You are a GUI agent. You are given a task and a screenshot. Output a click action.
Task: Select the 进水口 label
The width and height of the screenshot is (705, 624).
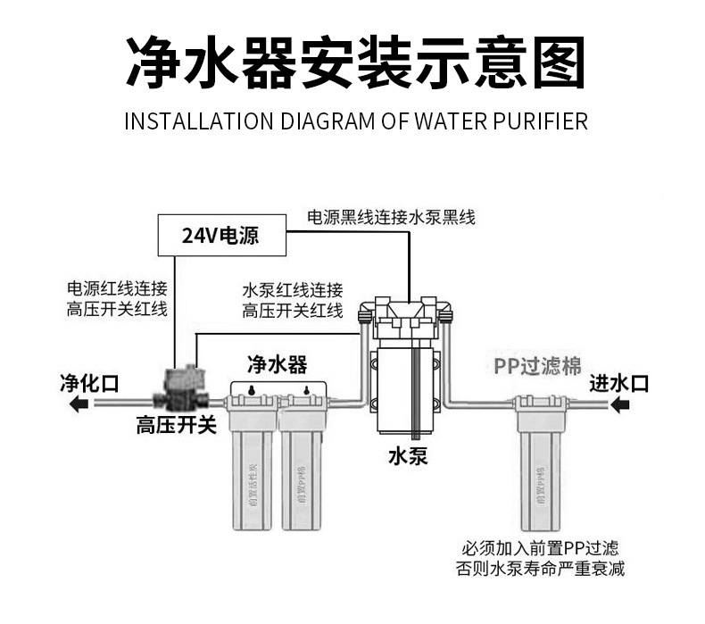click(618, 384)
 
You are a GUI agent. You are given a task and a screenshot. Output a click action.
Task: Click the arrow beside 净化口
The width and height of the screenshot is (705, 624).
click(80, 405)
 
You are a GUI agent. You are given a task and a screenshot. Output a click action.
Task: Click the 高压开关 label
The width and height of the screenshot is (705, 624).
click(176, 425)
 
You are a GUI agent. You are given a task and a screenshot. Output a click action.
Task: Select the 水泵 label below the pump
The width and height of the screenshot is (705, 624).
click(408, 457)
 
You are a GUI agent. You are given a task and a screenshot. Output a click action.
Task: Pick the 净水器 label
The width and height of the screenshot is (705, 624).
click(277, 364)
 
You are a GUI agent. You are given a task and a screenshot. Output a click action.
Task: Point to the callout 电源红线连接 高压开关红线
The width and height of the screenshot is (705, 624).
click(117, 299)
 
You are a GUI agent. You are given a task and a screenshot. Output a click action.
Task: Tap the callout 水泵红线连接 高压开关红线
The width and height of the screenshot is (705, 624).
click(293, 301)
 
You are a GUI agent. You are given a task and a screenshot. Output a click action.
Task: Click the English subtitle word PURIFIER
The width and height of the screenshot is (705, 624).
click(541, 121)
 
